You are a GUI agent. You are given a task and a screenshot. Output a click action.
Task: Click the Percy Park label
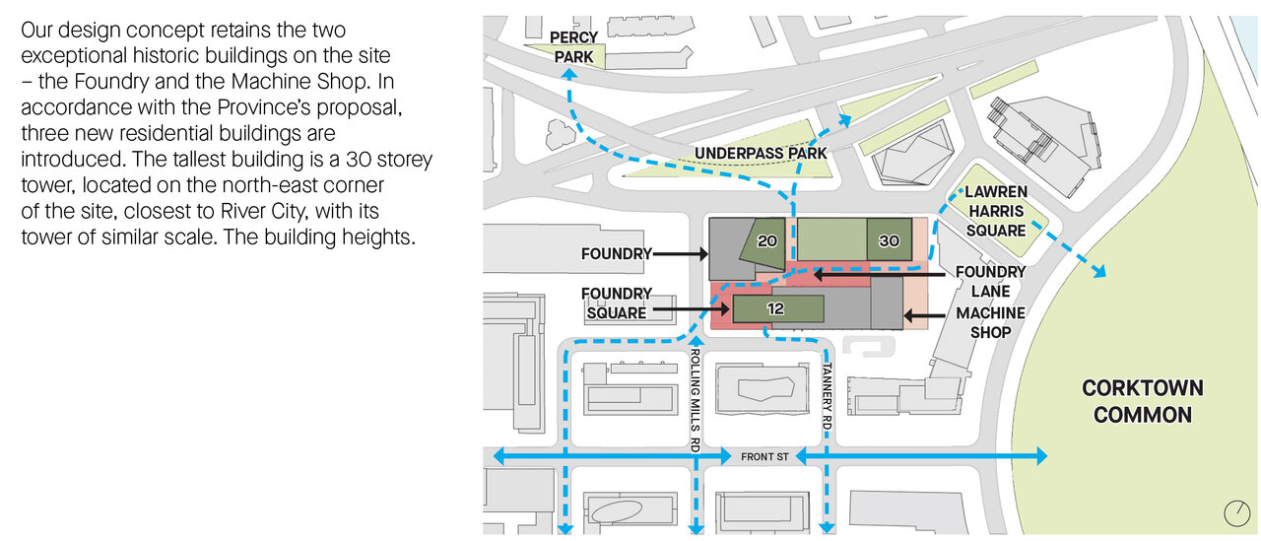(573, 47)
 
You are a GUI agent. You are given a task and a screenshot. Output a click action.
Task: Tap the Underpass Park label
(761, 153)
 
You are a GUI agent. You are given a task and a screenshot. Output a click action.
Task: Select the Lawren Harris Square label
(996, 211)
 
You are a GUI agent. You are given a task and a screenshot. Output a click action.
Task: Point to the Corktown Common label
(1142, 401)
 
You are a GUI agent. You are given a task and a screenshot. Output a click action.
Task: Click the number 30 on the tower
(889, 241)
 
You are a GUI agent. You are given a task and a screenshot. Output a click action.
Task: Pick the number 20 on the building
(766, 241)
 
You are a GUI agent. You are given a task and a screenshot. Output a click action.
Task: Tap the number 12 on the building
(775, 308)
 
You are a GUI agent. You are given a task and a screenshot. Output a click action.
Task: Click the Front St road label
(764, 457)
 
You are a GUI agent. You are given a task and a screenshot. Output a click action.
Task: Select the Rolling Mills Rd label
(696, 401)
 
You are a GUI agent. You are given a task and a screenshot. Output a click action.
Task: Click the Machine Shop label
(991, 322)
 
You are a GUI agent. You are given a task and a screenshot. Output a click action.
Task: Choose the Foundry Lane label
(990, 282)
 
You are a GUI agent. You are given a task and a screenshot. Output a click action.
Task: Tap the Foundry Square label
(617, 303)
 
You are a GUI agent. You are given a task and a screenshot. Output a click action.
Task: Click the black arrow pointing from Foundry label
(680, 254)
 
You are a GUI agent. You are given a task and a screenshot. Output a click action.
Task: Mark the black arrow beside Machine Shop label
(924, 315)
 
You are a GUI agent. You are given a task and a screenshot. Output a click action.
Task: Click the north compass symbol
(1236, 513)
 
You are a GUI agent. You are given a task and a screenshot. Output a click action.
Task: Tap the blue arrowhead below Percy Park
(569, 74)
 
